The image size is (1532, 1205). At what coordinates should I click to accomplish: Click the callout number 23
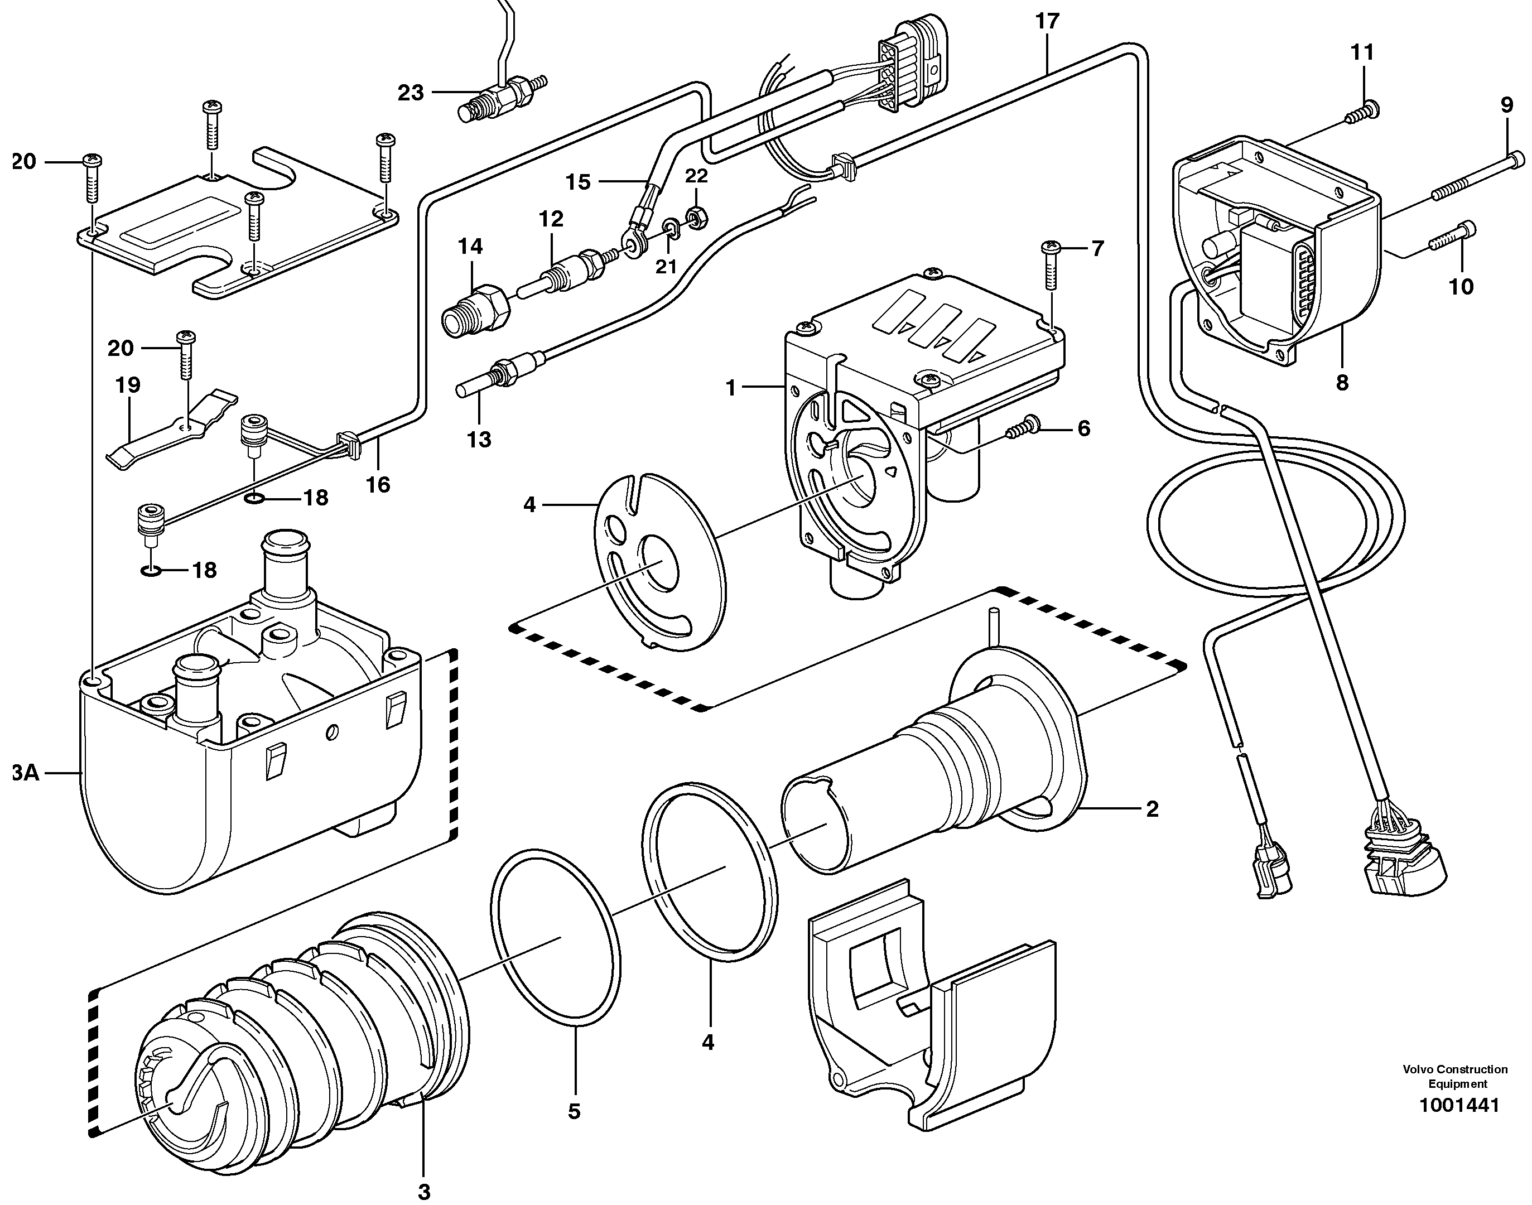pyautogui.click(x=411, y=93)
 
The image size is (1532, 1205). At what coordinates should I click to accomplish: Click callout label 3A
pyautogui.click(x=24, y=773)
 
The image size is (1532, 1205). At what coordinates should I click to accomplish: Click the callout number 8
pyautogui.click(x=1342, y=383)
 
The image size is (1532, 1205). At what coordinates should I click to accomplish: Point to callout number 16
pyautogui.click(x=378, y=485)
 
